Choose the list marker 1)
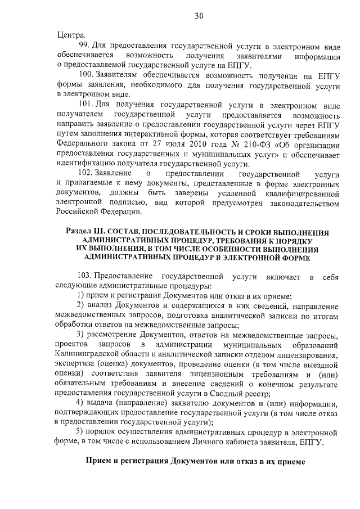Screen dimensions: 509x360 tap(80, 296)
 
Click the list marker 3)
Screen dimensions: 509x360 tap(80, 335)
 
